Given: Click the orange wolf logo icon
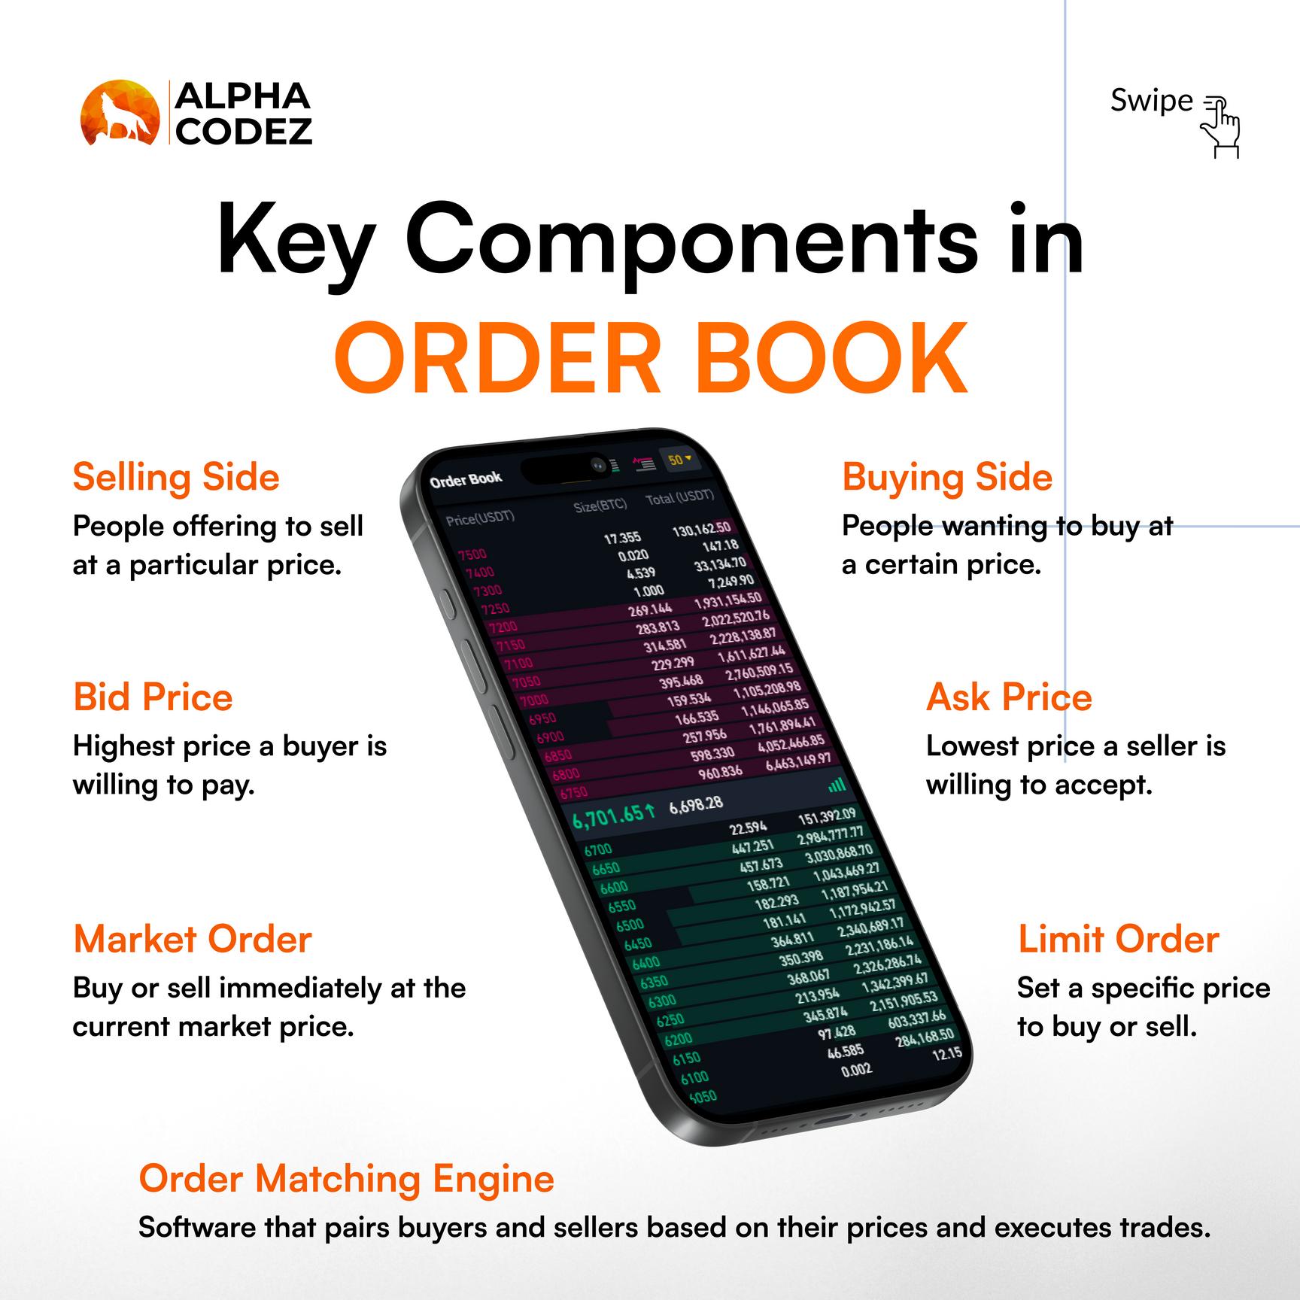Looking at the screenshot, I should coord(120,112).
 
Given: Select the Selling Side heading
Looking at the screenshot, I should coord(176,478).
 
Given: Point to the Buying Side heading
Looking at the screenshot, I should coord(946,478).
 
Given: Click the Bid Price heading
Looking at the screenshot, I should coord(153,697).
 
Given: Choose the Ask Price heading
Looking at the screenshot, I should coord(1009,697).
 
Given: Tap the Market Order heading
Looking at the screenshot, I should coord(193,940).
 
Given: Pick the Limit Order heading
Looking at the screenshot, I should coord(1118,940).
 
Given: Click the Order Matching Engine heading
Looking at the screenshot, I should coord(346,1179).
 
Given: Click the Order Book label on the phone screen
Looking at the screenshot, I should coord(466,480).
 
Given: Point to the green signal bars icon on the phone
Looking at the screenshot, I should coord(837,785).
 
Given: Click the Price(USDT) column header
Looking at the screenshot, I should coord(480,518).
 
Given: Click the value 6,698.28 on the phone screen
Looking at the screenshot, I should coord(696,804).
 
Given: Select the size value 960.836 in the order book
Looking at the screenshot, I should coord(720,772).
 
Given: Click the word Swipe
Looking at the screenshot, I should coord(1151,101).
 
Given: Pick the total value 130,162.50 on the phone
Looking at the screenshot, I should coord(701,530).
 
